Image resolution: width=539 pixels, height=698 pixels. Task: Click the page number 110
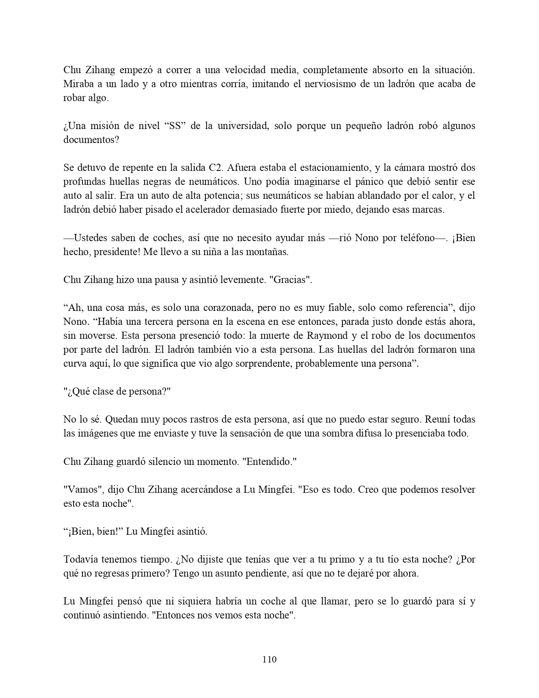coord(269,659)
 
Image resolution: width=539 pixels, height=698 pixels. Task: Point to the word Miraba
coord(77,84)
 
